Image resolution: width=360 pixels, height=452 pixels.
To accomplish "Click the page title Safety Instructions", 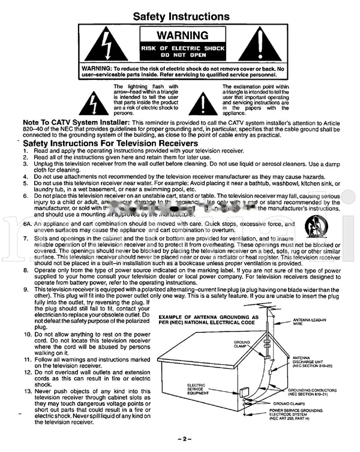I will coord(180,16).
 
